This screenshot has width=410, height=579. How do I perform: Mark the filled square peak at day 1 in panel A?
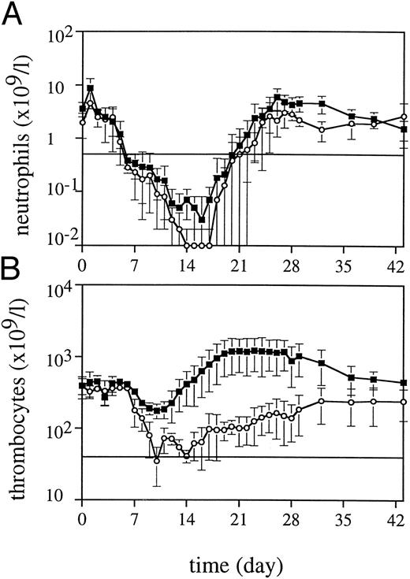click(91, 88)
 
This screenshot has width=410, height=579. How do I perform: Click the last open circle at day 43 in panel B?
click(404, 402)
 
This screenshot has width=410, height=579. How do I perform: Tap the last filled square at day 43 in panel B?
click(404, 383)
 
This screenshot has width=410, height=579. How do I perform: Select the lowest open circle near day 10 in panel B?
click(157, 461)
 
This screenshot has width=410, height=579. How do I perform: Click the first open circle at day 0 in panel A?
click(83, 122)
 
